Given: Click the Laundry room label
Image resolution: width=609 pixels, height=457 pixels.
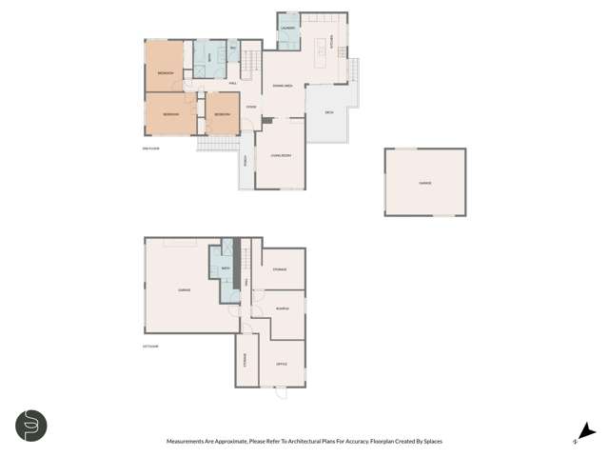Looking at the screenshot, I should click(x=287, y=29).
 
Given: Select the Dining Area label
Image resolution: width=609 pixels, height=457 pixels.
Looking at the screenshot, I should click(x=282, y=86).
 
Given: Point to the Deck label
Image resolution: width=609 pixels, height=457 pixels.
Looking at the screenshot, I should click(x=329, y=111).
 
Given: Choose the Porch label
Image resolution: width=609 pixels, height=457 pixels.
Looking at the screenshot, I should click(x=245, y=160).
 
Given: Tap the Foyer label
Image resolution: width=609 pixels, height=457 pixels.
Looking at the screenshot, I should click(x=250, y=107).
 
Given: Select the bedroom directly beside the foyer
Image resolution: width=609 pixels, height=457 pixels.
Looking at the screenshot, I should click(x=222, y=114).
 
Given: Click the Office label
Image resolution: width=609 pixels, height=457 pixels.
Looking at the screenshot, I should click(x=282, y=364).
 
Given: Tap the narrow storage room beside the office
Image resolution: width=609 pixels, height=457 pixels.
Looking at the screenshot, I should click(x=245, y=360).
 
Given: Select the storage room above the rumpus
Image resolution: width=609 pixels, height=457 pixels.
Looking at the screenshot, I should click(x=280, y=269).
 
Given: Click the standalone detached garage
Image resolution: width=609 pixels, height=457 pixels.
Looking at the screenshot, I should click(x=424, y=182).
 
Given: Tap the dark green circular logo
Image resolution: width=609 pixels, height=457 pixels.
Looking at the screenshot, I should click(x=31, y=425).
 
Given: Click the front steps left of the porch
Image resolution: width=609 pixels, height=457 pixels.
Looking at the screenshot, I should click(x=216, y=144).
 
